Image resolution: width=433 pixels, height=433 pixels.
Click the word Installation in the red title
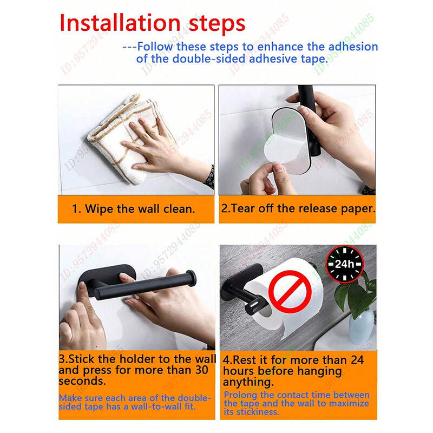click(120, 23)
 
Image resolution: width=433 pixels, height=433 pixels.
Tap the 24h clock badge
click(344, 264)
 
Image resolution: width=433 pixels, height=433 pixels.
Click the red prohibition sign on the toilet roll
click(290, 291)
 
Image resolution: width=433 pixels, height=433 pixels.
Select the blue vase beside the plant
click(361, 327)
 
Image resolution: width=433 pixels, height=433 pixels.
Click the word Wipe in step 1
click(99, 209)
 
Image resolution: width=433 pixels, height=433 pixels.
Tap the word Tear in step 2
click(243, 208)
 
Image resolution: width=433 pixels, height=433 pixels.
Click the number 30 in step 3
click(201, 370)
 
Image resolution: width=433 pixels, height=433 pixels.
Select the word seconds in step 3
click(82, 381)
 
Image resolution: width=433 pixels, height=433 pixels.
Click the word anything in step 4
click(248, 383)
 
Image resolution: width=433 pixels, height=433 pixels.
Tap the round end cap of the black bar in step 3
click(192, 278)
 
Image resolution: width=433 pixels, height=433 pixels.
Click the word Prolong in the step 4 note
click(241, 395)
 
